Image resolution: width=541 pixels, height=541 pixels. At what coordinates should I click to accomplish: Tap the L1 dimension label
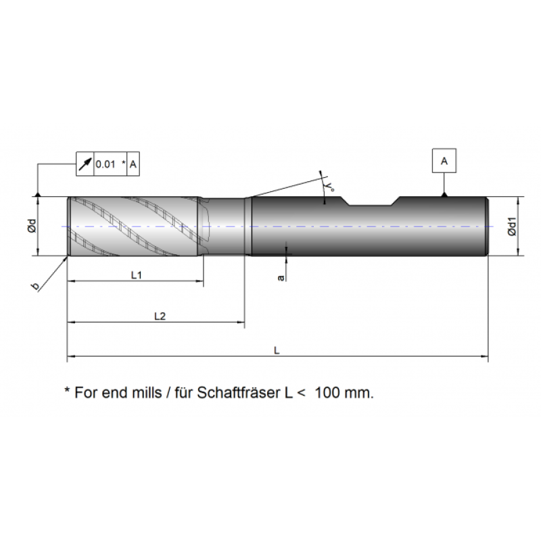135,275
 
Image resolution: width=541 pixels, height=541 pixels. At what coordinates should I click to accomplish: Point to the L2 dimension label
160,316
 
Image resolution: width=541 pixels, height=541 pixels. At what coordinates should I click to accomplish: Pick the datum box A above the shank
444,161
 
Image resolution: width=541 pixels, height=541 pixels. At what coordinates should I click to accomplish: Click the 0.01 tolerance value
105,164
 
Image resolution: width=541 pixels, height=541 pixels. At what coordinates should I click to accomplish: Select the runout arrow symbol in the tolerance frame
85,164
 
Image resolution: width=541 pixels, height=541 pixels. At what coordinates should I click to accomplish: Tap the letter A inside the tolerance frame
133,164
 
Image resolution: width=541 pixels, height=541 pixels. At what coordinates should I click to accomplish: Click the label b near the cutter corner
35,287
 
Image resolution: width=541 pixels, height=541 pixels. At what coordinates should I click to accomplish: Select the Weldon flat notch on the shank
371,203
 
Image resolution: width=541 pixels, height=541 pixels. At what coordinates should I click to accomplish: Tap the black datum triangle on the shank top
444,195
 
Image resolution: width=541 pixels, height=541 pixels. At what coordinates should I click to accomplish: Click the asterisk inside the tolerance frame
123,163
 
